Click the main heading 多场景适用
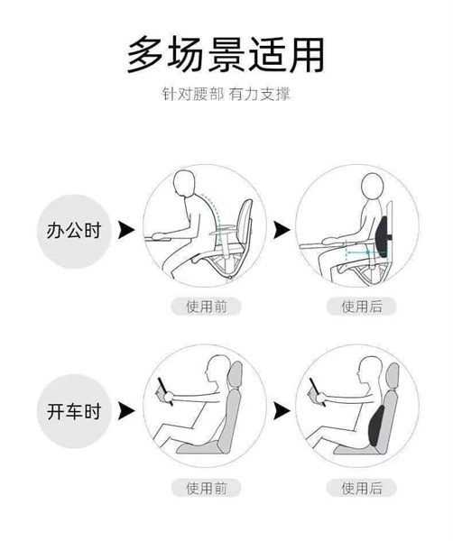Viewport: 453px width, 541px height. tap(226, 54)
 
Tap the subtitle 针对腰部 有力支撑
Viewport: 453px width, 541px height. tap(226, 94)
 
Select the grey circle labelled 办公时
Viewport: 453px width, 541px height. tap(73, 231)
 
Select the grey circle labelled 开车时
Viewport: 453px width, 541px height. tap(73, 411)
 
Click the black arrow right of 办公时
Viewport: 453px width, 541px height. tap(126, 230)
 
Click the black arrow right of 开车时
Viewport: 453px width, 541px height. tap(126, 410)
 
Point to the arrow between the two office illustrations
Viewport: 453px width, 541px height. tap(282, 230)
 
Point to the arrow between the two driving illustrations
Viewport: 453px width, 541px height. tap(282, 410)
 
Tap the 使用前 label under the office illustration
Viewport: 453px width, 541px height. tap(206, 306)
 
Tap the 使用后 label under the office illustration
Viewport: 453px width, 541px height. tap(362, 306)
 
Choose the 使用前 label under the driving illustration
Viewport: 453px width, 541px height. tap(206, 488)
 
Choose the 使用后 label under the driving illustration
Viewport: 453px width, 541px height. tap(362, 488)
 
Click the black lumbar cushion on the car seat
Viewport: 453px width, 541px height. tap(377, 425)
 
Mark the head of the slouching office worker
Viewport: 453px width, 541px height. tap(184, 183)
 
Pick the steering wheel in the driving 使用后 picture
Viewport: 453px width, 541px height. tap(318, 392)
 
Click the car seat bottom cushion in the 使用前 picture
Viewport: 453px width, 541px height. tap(199, 447)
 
